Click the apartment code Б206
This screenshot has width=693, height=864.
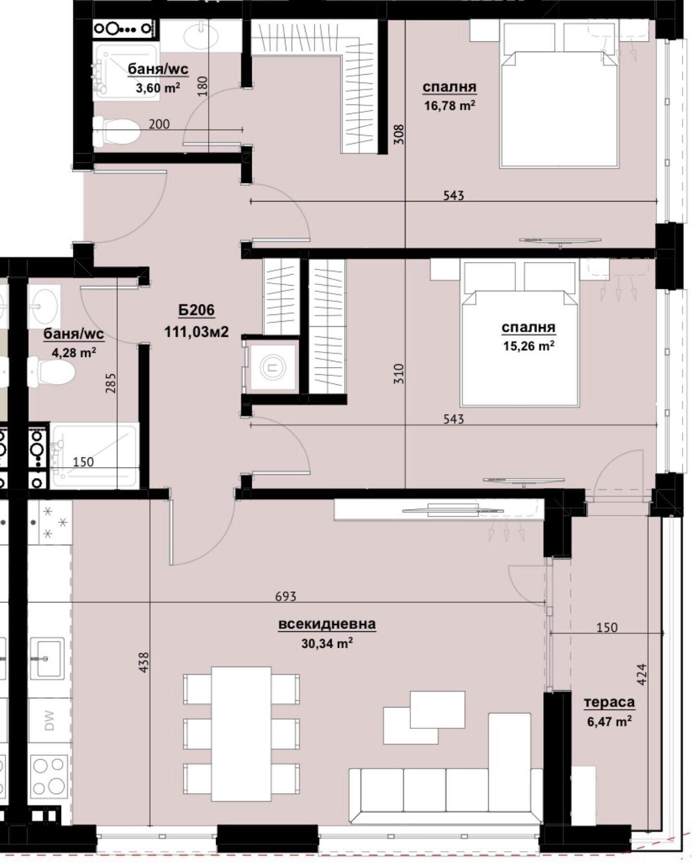tap(196, 310)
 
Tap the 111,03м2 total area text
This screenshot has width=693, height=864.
tap(196, 332)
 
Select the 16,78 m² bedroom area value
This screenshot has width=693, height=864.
tap(449, 105)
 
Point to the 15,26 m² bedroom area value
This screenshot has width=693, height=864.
tap(528, 346)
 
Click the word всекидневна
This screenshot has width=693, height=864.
tap(327, 624)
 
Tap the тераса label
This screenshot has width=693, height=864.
tap(609, 702)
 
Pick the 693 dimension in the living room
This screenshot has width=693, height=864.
tap(285, 596)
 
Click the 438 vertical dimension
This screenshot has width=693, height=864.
tap(143, 662)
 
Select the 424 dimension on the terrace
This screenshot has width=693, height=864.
tap(642, 675)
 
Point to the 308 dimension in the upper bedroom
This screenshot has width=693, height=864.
tap(398, 134)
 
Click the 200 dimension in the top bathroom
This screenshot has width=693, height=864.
tap(159, 124)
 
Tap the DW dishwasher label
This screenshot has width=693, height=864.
tap(49, 720)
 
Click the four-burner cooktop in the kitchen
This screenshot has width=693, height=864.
tap(49, 776)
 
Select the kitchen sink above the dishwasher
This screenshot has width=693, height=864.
tap(47, 658)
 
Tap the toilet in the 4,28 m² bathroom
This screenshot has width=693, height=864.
tap(51, 371)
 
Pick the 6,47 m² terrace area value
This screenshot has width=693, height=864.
tap(609, 721)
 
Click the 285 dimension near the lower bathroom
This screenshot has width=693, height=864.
tap(111, 383)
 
